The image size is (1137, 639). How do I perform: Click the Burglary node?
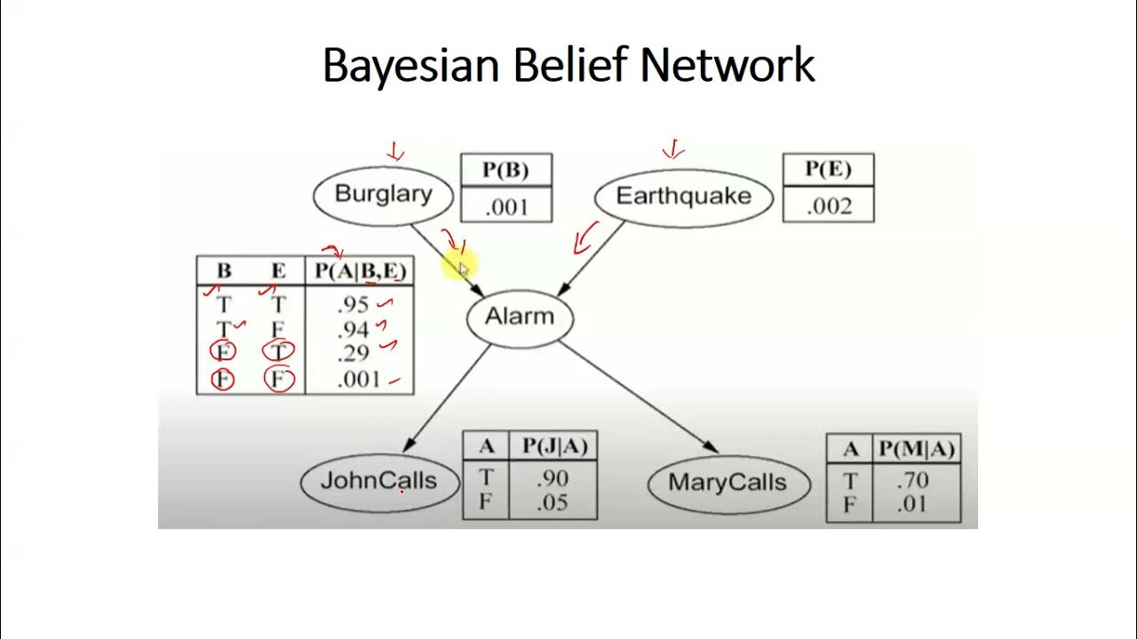coord(384,194)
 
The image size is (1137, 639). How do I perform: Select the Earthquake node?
coord(683,196)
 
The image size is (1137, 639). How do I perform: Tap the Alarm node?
coord(520,317)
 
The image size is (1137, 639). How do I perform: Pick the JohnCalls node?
coord(379,481)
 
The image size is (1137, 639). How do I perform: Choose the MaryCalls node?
coord(728,483)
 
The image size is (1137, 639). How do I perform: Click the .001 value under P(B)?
coord(506,208)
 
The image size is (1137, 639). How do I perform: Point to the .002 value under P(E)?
coord(829,207)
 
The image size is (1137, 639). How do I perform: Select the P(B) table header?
coord(506,170)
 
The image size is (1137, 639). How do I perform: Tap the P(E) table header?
coord(828,170)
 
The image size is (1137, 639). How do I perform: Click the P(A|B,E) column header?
coord(360,271)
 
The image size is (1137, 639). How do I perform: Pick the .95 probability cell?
coord(353,304)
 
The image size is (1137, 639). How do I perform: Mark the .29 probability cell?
coord(354,353)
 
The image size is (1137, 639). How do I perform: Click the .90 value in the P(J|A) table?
coord(553,479)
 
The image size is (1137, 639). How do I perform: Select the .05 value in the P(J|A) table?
coord(553,502)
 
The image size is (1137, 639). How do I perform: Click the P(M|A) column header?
coord(916,450)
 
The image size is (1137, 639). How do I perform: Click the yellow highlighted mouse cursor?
coord(463,267)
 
